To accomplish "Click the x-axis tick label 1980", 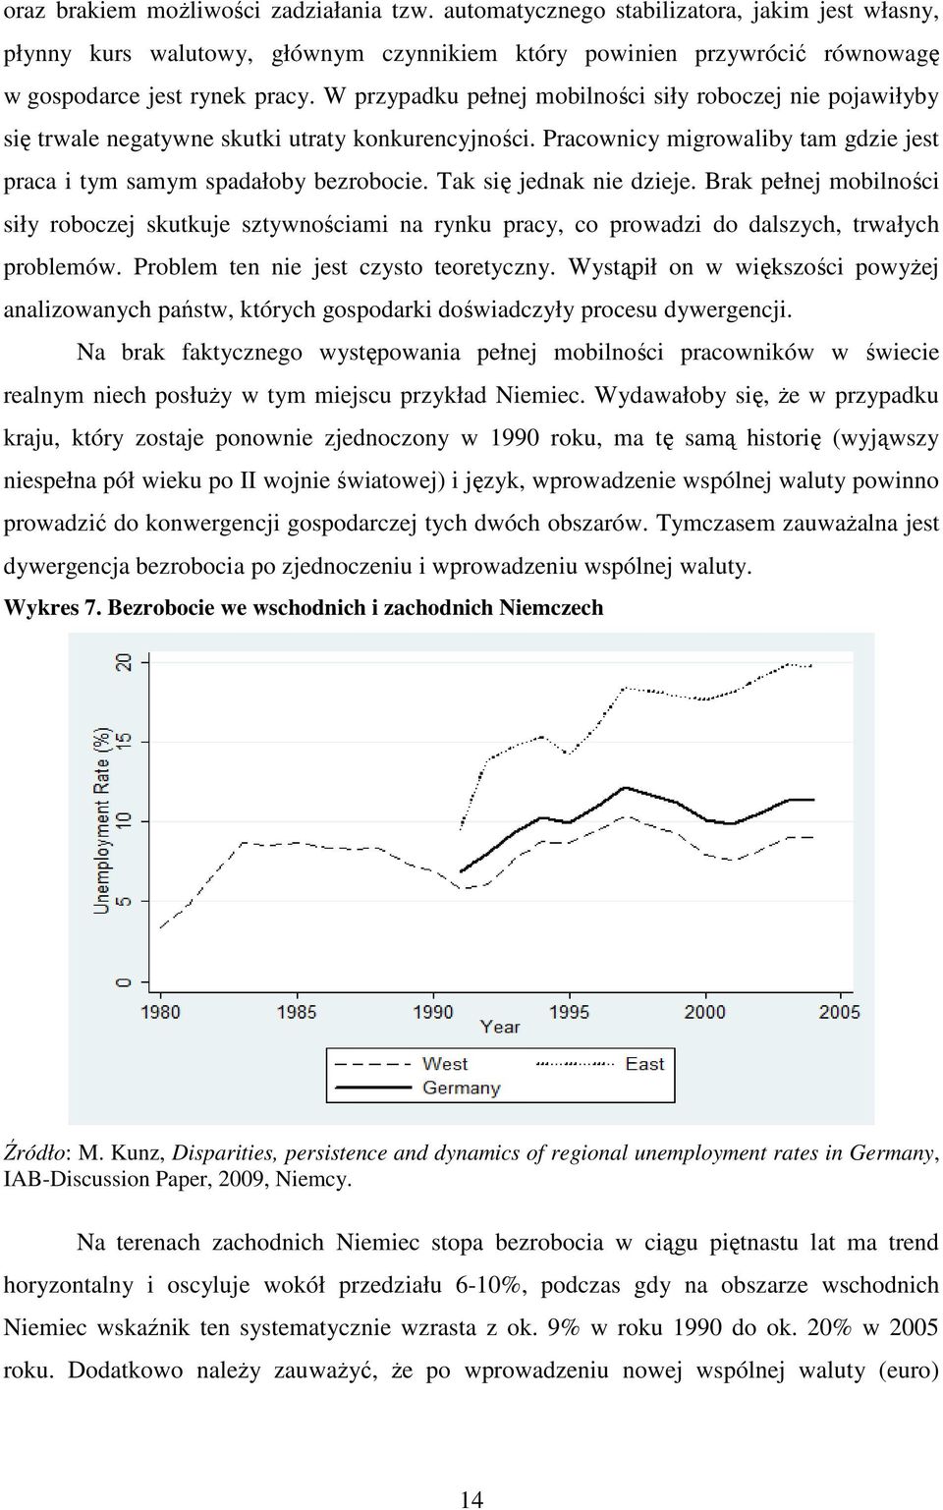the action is pyautogui.click(x=160, y=1012).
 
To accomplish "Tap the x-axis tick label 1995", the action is pyautogui.click(x=570, y=1012).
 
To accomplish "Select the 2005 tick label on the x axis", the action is pyautogui.click(x=840, y=1012).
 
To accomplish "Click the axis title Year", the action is pyautogui.click(x=500, y=1028).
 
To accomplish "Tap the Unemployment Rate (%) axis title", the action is pyautogui.click(x=102, y=820).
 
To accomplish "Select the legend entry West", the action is pyautogui.click(x=445, y=1064).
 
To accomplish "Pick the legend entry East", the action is pyautogui.click(x=644, y=1064).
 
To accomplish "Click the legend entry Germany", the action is pyautogui.click(x=462, y=1088).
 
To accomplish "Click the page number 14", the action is pyautogui.click(x=471, y=1499).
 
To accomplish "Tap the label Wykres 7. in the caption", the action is pyautogui.click(x=53, y=608).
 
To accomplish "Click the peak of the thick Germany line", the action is pyautogui.click(x=626, y=787).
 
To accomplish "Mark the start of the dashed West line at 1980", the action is pyautogui.click(x=160, y=927).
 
